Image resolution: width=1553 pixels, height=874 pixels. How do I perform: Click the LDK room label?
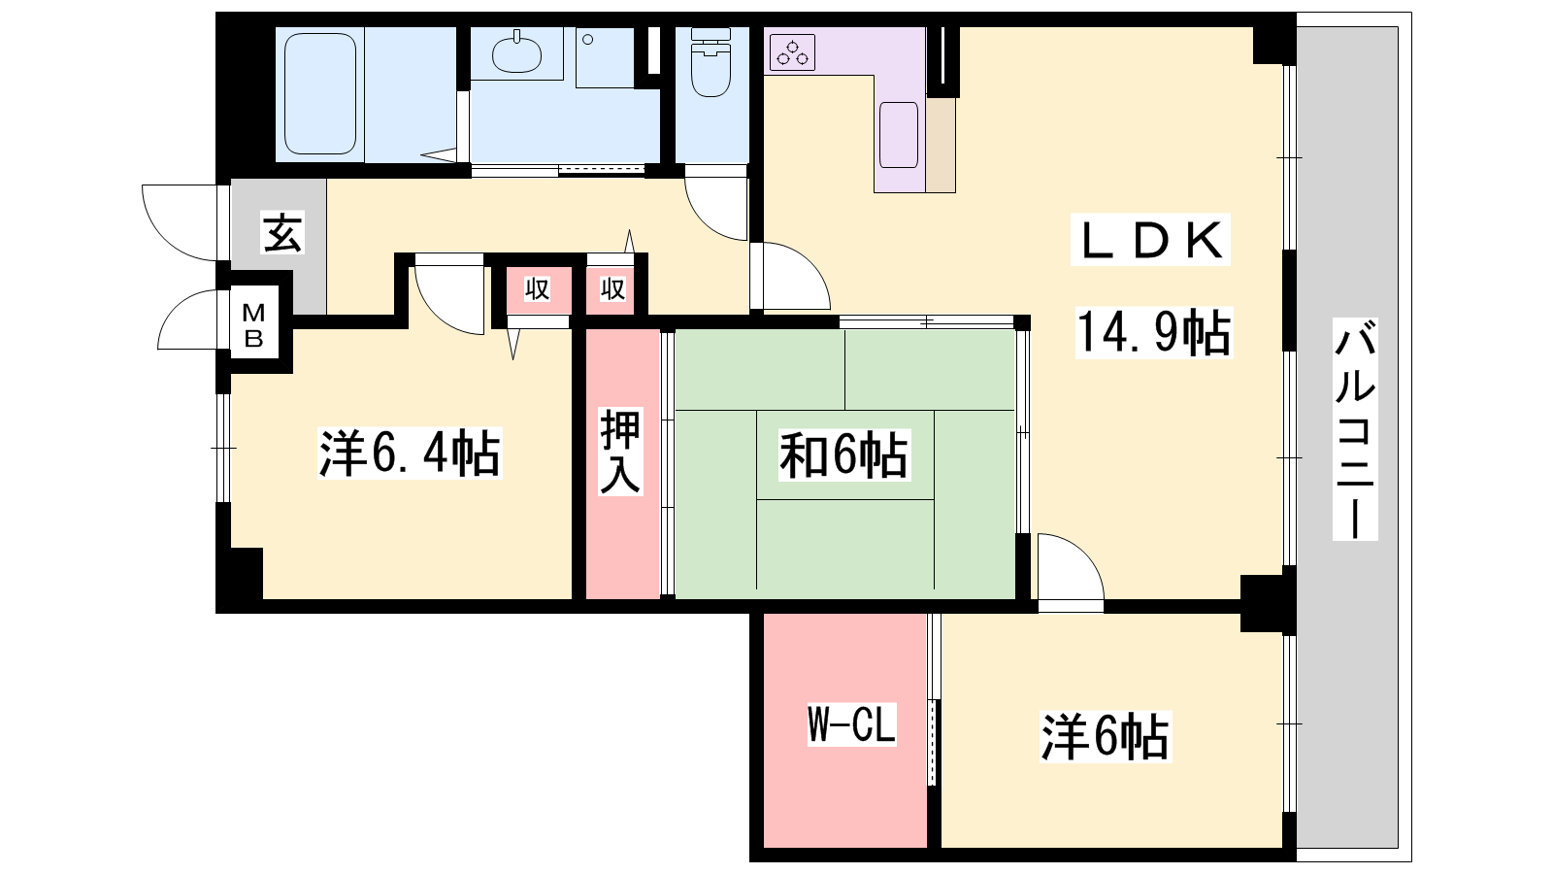click(x=1150, y=240)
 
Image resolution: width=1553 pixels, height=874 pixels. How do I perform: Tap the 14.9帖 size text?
click(x=1154, y=333)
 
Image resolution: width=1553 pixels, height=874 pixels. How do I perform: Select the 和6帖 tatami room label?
click(x=843, y=455)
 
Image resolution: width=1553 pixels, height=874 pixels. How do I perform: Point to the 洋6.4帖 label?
click(x=410, y=454)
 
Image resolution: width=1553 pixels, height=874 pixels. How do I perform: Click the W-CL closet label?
click(x=852, y=723)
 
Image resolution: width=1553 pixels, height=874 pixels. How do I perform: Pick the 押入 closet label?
click(x=620, y=451)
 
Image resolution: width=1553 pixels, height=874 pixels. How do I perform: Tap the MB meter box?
click(x=253, y=324)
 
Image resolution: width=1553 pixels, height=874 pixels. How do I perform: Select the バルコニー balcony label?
click(x=1355, y=429)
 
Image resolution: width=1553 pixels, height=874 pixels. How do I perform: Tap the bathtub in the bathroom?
click(x=320, y=93)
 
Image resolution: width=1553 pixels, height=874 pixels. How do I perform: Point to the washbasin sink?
click(x=516, y=53)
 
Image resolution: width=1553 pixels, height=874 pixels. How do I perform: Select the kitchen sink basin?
click(x=899, y=135)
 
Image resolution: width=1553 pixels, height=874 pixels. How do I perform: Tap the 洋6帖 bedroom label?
click(x=1106, y=737)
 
